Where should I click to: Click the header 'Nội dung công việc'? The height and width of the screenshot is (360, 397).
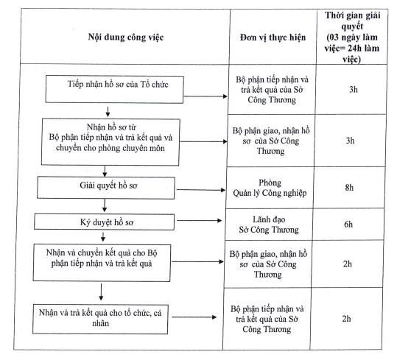(126, 38)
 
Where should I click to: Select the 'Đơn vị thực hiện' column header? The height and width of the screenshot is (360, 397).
(273, 38)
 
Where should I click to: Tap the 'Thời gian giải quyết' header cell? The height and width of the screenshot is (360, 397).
(352, 37)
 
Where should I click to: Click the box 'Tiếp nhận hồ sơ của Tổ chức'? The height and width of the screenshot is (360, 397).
(114, 89)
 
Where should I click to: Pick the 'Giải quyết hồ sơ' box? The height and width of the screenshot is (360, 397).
(106, 188)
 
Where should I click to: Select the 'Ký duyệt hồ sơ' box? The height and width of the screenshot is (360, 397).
(104, 222)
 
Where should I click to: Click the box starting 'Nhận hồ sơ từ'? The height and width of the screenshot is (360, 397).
(110, 142)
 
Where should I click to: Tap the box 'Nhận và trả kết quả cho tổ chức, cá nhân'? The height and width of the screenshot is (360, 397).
(100, 319)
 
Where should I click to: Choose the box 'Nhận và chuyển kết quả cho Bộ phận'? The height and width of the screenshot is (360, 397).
(102, 263)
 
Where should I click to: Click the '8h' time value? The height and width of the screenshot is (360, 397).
(349, 188)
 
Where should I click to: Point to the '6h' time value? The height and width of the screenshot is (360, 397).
(348, 224)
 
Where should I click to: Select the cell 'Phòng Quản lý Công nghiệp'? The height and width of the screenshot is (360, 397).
(270, 188)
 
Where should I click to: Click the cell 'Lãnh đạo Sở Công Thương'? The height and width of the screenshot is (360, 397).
(269, 225)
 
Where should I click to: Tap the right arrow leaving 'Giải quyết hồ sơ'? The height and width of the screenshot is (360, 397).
(201, 190)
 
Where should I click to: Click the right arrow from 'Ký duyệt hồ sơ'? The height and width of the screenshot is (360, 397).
(200, 221)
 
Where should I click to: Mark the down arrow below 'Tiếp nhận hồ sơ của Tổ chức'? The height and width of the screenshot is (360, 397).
(108, 112)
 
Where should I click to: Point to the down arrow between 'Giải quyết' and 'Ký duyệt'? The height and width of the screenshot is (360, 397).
(105, 205)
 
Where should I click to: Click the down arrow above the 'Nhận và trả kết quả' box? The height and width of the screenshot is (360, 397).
(101, 292)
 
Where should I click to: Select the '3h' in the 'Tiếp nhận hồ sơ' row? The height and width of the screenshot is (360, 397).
(354, 89)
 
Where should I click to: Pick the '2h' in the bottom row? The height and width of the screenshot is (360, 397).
(347, 319)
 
